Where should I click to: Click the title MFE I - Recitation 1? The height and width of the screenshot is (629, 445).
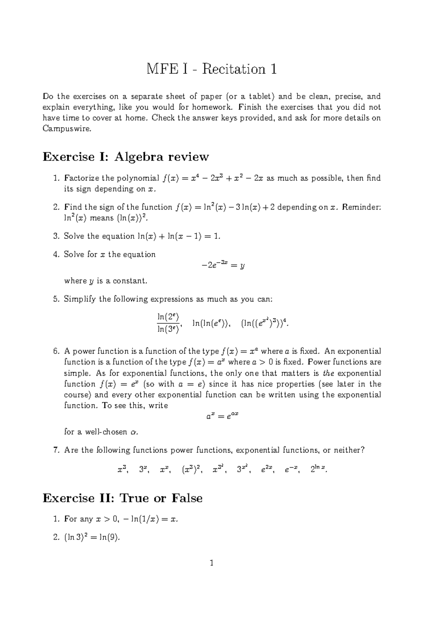click(x=212, y=69)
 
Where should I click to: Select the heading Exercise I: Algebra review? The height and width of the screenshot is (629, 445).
click(x=126, y=157)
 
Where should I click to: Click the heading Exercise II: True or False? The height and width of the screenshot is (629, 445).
click(x=122, y=498)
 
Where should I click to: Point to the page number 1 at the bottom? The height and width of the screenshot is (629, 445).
click(x=212, y=563)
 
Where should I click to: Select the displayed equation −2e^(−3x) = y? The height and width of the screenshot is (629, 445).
click(x=221, y=266)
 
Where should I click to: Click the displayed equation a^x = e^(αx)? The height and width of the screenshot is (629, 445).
click(x=221, y=416)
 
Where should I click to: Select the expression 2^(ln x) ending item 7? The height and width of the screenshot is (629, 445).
click(x=319, y=470)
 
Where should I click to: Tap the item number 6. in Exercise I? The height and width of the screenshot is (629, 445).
click(x=56, y=351)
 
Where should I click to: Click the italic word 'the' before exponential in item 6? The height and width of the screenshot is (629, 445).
click(x=329, y=373)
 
